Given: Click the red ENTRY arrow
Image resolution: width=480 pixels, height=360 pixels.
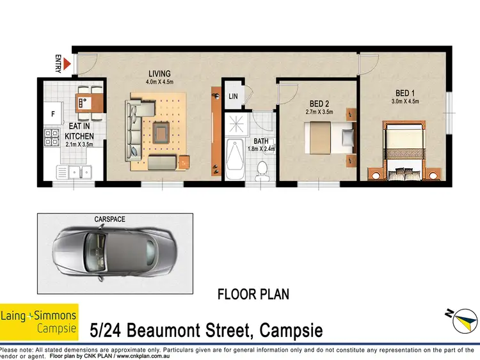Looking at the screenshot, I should (x=66, y=62).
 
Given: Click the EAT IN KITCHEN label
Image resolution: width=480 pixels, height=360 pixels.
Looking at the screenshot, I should (x=79, y=131).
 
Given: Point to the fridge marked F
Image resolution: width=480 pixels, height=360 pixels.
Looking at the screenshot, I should (x=52, y=116).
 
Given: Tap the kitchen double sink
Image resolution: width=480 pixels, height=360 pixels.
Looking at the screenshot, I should (x=74, y=171).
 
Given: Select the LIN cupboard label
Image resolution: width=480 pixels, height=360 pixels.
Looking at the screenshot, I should (x=232, y=97).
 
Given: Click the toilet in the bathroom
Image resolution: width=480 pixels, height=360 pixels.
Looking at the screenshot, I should (x=261, y=168).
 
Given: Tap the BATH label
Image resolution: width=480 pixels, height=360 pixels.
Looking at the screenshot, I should (x=260, y=141).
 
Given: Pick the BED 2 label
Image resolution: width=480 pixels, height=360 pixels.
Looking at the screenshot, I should (x=319, y=104).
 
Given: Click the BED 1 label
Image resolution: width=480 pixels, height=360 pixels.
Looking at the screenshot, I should (x=404, y=92).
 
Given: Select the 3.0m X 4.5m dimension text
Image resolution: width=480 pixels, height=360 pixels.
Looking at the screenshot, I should (x=404, y=101).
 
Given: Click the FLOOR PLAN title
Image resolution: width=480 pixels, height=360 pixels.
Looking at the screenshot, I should (x=253, y=295).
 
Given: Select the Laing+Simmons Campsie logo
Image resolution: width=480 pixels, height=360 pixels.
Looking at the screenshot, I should (x=39, y=322).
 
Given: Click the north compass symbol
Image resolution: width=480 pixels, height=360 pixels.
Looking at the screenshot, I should (x=461, y=316).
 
